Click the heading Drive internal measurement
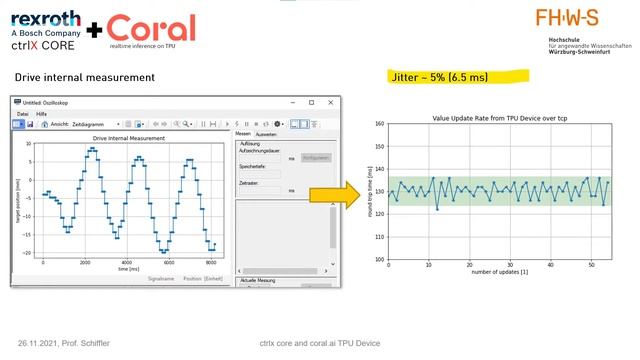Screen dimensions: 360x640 (x=84, y=77)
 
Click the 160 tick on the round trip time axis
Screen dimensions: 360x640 (x=379, y=124)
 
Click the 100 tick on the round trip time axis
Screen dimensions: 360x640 (x=379, y=259)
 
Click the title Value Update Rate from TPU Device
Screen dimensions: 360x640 (x=501, y=117)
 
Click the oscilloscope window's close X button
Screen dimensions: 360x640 (x=333, y=102)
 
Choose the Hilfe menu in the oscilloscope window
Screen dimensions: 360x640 (x=42, y=114)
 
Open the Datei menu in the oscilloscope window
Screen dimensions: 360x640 (x=22, y=114)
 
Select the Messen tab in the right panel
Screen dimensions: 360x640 (x=242, y=134)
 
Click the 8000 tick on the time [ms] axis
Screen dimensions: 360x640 (x=210, y=262)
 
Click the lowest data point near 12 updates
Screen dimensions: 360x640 (x=437, y=209)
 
